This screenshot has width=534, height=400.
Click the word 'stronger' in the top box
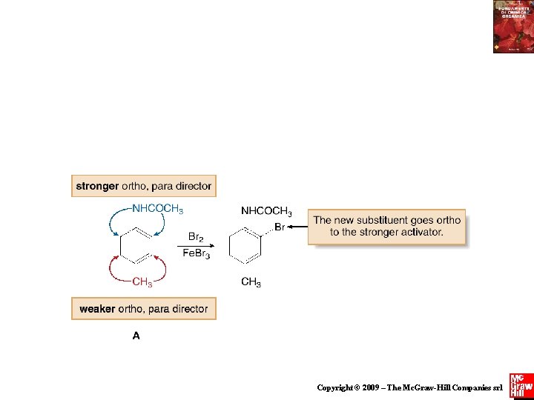click(97, 187)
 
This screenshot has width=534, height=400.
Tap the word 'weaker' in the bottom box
click(97, 309)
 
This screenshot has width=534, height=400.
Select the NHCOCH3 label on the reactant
click(157, 208)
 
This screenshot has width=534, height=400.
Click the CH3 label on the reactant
click(142, 281)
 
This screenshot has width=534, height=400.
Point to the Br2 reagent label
click(196, 237)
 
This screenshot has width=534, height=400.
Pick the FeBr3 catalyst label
click(197, 254)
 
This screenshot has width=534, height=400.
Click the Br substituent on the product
click(280, 227)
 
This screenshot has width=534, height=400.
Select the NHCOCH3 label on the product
click(266, 212)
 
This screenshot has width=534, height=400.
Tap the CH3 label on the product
click(251, 282)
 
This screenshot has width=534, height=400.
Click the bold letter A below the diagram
click(136, 336)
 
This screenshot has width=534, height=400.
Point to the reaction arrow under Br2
click(197, 246)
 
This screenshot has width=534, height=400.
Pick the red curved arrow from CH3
click(115, 270)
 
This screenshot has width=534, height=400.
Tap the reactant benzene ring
click(137, 245)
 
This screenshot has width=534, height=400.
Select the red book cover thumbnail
click(512, 27)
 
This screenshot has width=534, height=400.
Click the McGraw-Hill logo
click(521, 385)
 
